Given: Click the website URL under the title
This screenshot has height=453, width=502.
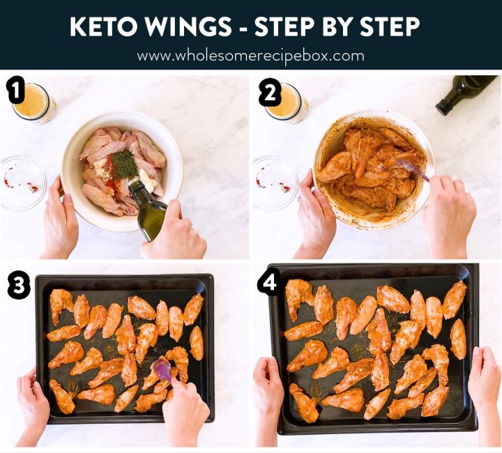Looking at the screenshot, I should point(250,55).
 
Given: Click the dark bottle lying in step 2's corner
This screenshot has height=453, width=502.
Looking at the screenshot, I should point(465,91).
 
